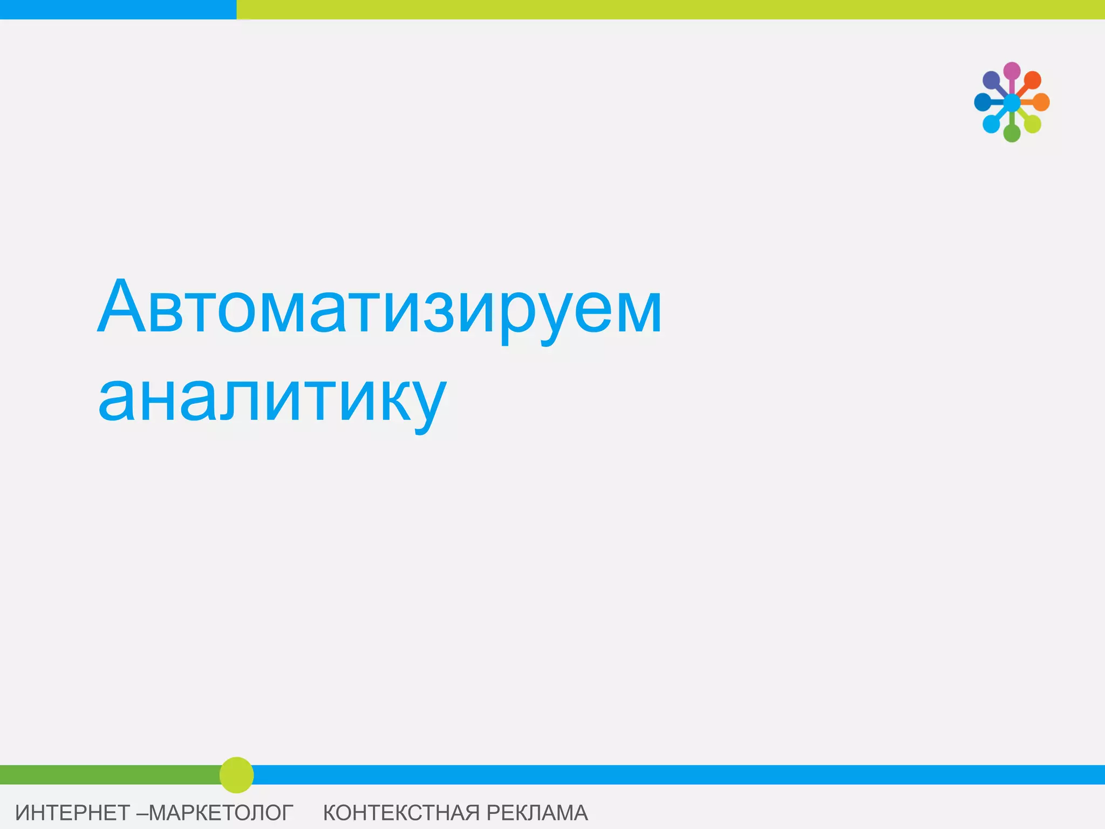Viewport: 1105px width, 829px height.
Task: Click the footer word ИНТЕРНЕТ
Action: pos(72,812)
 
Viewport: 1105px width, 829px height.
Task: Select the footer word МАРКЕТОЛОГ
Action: pos(221,812)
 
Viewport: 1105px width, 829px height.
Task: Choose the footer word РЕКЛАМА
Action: pos(537,812)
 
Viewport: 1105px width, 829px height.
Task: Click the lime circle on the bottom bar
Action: pos(236,775)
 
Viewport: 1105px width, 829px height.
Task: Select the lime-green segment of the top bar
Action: pos(669,9)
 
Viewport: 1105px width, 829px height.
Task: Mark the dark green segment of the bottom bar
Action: pos(108,774)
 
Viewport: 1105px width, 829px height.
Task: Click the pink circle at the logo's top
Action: pos(1012,71)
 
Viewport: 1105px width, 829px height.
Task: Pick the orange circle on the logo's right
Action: pos(1041,102)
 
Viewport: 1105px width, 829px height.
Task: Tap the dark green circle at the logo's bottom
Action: pos(1012,133)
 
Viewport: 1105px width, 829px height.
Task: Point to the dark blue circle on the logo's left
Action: pos(983,102)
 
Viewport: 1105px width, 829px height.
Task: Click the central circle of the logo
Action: pos(1012,102)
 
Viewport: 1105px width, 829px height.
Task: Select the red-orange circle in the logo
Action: pos(1032,80)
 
